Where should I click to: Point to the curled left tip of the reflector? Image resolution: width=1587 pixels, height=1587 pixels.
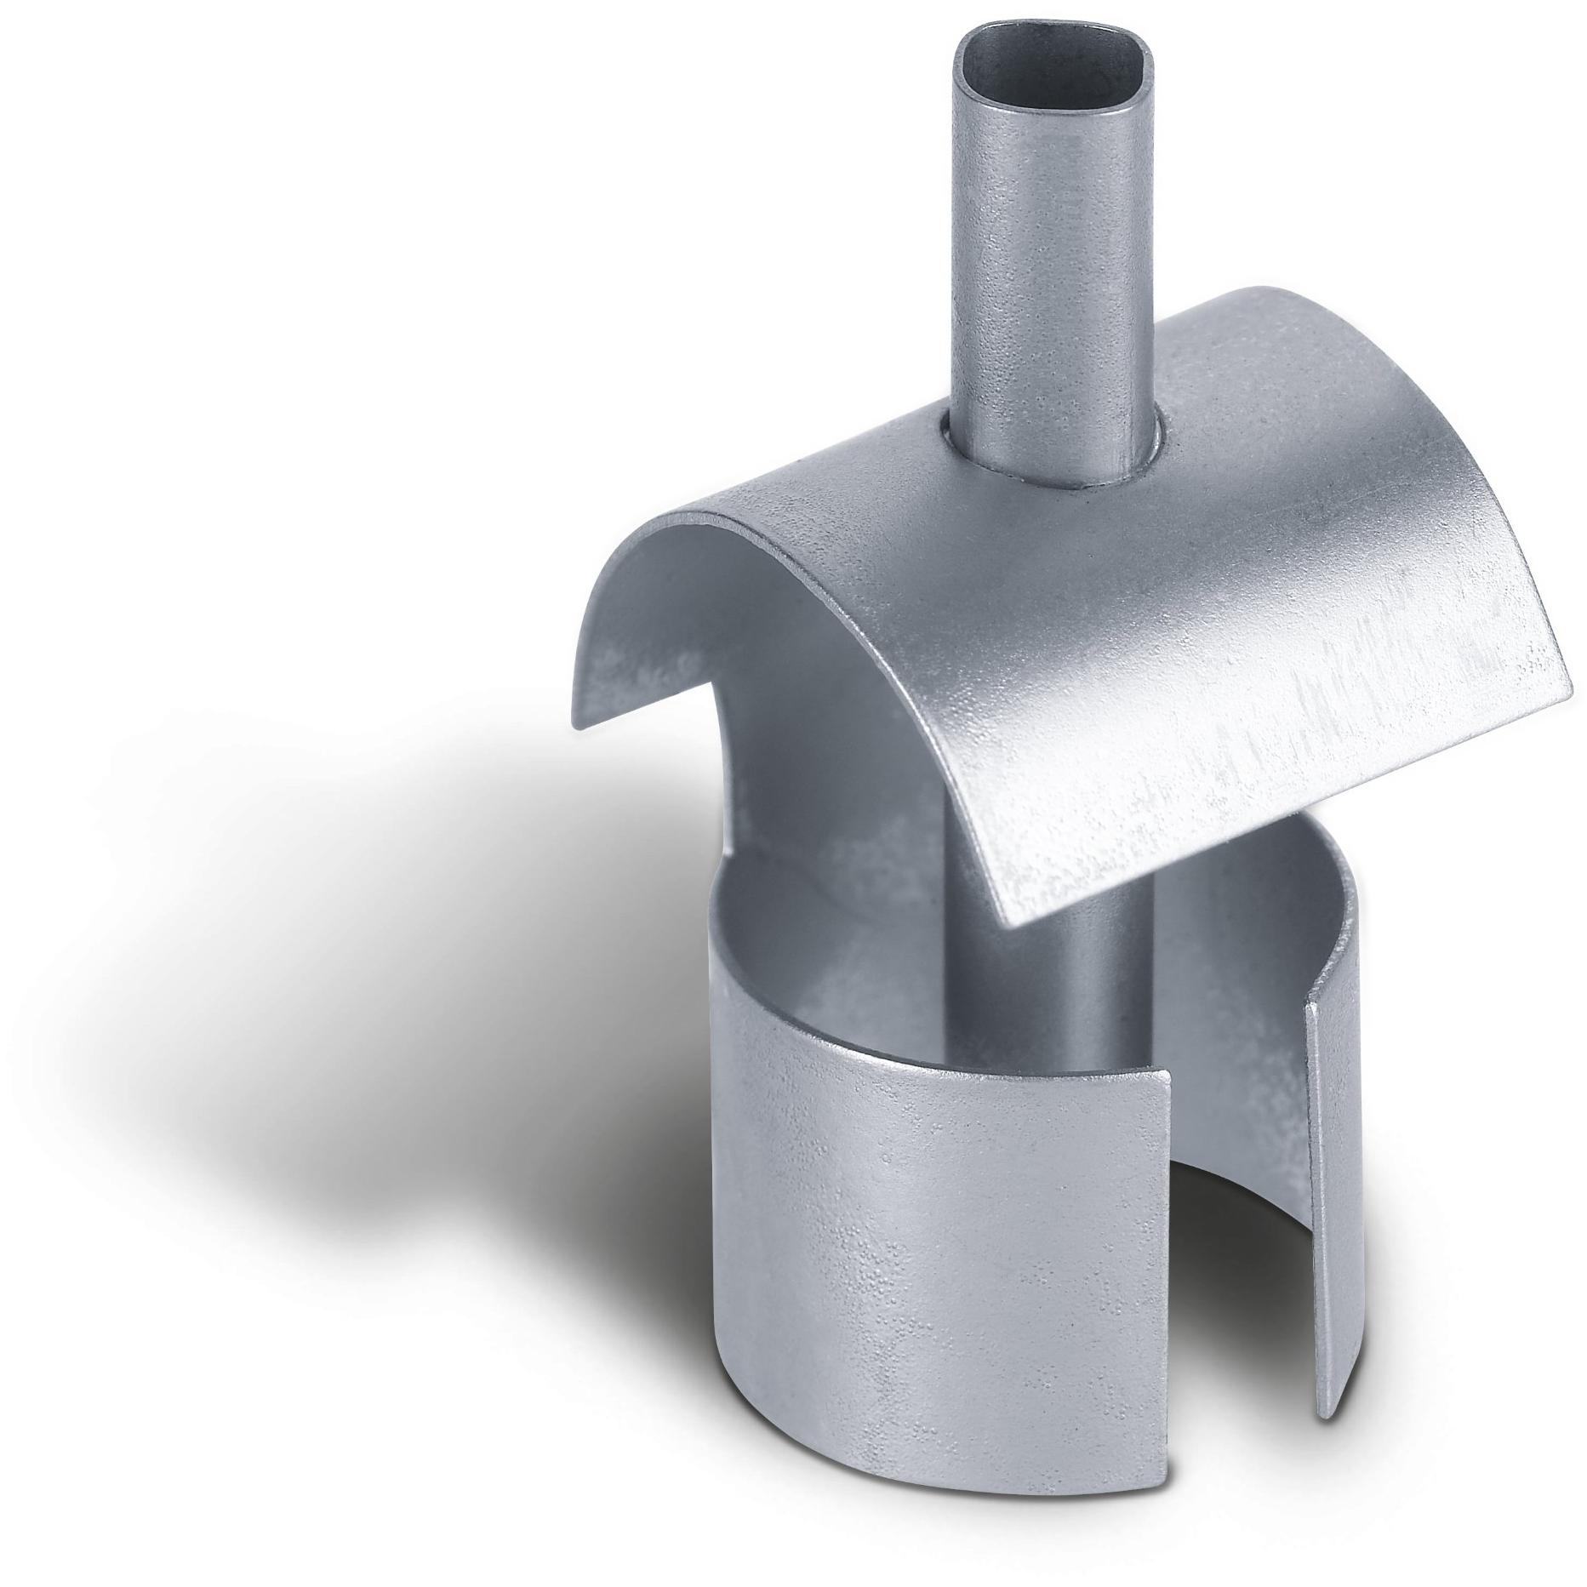[x=587, y=694]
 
